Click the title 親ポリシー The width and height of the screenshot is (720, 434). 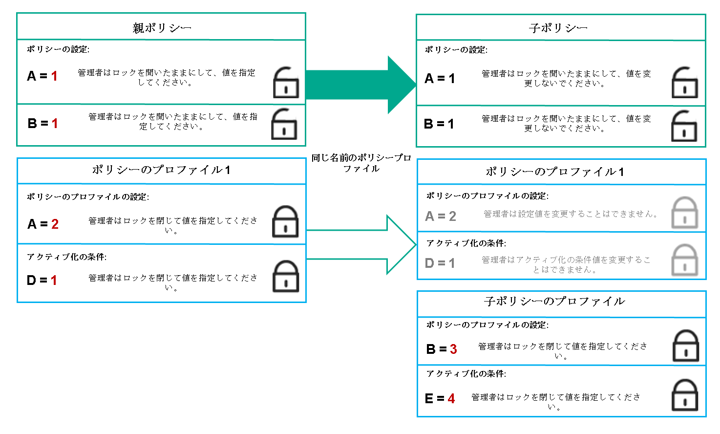pos(162,28)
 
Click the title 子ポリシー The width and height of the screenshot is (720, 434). pos(558,28)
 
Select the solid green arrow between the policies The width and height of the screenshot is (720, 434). pos(360,85)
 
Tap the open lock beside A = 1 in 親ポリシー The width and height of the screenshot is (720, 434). pos(286,83)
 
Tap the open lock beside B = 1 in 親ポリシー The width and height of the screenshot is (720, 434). pos(284,125)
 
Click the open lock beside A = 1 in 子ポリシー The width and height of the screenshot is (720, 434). pos(685,83)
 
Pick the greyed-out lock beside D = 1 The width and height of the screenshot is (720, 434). pos(685,260)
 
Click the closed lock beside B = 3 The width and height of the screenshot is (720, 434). pos(686,346)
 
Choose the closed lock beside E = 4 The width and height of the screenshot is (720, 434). pos(685,395)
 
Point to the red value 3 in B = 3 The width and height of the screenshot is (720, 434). pos(453,349)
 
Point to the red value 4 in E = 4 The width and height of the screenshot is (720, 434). pos(451,399)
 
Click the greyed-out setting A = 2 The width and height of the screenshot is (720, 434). pos(441,216)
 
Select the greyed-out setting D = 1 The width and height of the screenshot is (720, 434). pos(440,263)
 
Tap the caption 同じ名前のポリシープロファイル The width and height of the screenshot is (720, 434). pos(361,163)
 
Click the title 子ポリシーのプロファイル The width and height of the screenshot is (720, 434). pos(554,302)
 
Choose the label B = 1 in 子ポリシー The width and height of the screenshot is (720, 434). pos(439,124)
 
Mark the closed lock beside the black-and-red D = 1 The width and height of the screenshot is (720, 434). pos(285,277)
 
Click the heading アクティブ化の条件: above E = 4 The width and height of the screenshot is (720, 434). pos(466,374)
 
